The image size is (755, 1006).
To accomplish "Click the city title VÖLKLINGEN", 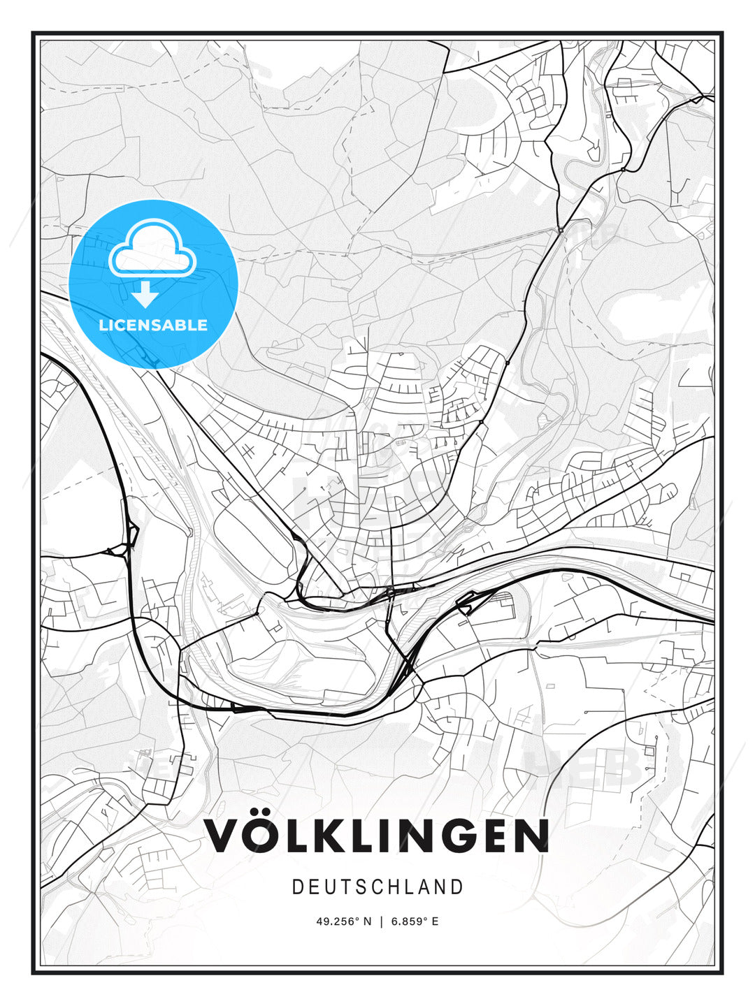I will pos(377,836).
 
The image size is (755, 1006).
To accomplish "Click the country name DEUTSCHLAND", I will pos(377,887).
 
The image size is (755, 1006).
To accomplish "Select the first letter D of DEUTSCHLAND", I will pos(297,887).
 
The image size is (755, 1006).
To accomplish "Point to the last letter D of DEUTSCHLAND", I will pos(458,887).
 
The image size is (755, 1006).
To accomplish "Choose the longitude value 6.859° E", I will pos(415,921).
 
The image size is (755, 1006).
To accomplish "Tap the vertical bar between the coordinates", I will pos(382,921).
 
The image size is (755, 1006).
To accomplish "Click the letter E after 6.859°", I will pos(435,921).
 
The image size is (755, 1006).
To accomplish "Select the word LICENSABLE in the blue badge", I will pos(153,325).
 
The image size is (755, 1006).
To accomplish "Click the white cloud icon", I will pos(152,248).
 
